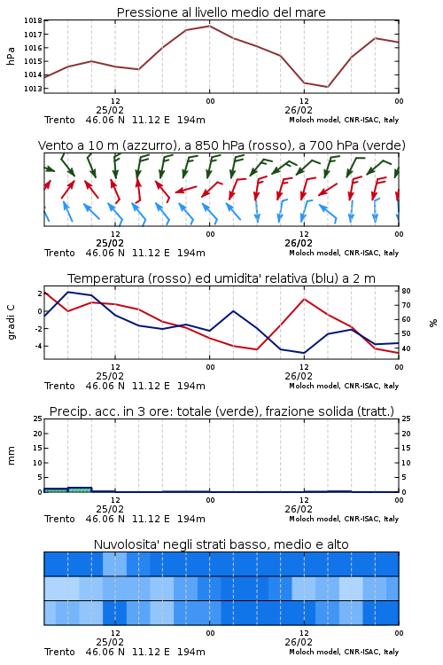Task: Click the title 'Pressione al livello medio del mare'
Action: point(221,12)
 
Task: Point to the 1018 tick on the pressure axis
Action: point(33,20)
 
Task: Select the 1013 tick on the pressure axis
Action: point(33,89)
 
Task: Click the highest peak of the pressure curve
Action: point(209,26)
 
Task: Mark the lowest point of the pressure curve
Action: point(327,87)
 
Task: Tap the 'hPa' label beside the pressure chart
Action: point(11,56)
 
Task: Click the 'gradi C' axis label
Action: point(11,323)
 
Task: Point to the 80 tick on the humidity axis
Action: point(406,291)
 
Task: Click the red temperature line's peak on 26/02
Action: point(304,299)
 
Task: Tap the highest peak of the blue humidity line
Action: point(68,292)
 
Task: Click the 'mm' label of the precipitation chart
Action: point(11,455)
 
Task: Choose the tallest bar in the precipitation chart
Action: point(80,489)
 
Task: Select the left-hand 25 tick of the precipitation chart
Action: point(38,419)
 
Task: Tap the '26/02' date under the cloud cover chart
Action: point(299,642)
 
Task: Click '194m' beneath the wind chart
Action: point(191,253)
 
